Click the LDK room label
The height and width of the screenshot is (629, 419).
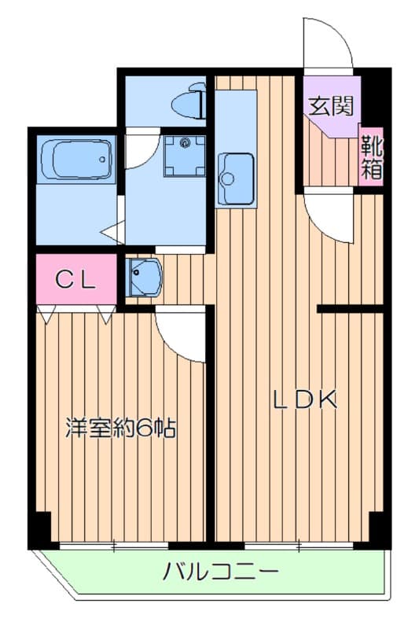pyautogui.click(x=305, y=400)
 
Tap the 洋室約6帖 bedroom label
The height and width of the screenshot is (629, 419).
pyautogui.click(x=119, y=429)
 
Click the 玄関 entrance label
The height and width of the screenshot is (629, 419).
pyautogui.click(x=329, y=105)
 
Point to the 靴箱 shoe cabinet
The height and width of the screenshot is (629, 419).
pyautogui.click(x=372, y=156)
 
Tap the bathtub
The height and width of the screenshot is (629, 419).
pyautogui.click(x=75, y=160)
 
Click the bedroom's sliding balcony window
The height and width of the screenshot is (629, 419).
pyautogui.click(x=115, y=544)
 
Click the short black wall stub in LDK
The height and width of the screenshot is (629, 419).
pyautogui.click(x=349, y=308)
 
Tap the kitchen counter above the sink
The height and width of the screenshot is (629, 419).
pyautogui.click(x=235, y=118)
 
